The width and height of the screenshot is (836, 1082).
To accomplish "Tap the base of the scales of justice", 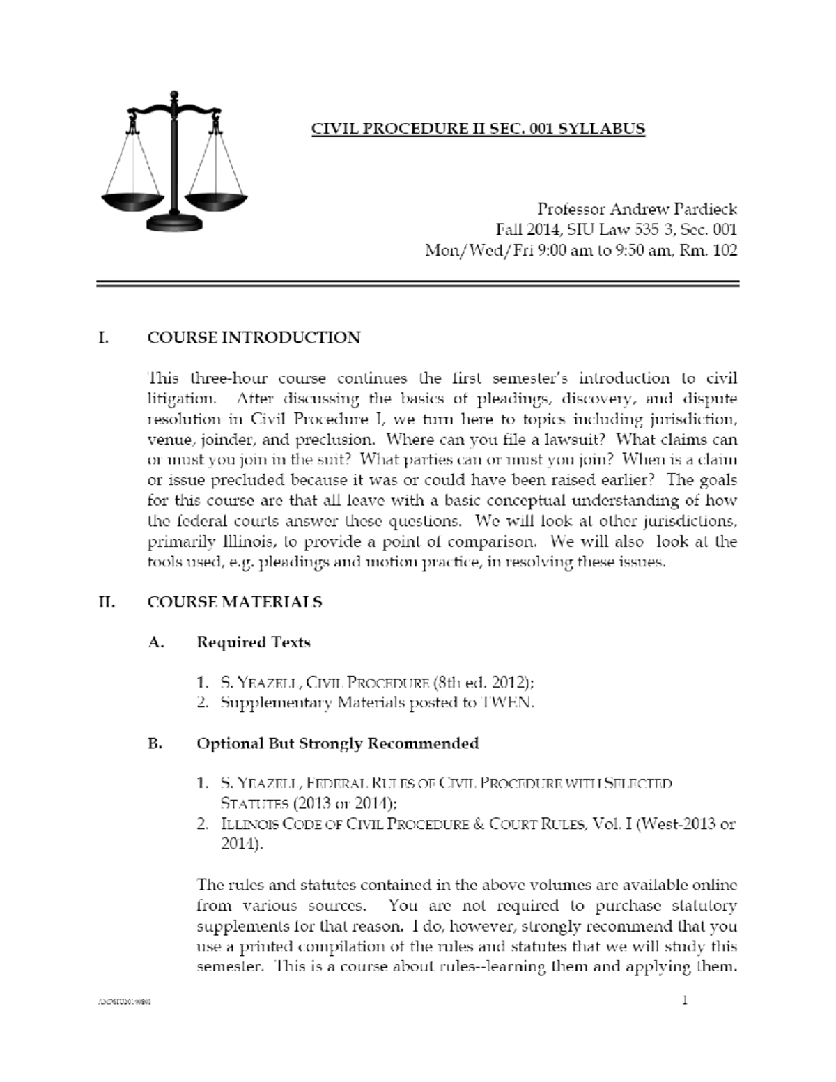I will coord(173,223).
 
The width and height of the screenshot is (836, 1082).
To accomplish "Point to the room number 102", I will coord(725,250).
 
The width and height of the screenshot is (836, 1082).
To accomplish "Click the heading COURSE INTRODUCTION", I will coord(254,338).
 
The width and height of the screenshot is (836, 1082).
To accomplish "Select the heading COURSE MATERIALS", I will coord(235,602).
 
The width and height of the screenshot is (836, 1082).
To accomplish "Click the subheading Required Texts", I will coord(254,642).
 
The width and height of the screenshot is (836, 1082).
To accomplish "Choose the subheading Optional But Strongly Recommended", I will coord(338,743).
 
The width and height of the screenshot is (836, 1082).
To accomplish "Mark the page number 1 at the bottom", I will coord(685,1001).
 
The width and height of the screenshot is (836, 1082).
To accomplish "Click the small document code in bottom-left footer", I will coord(125,1003).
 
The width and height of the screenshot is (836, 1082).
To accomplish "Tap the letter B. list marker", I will coord(155,743).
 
